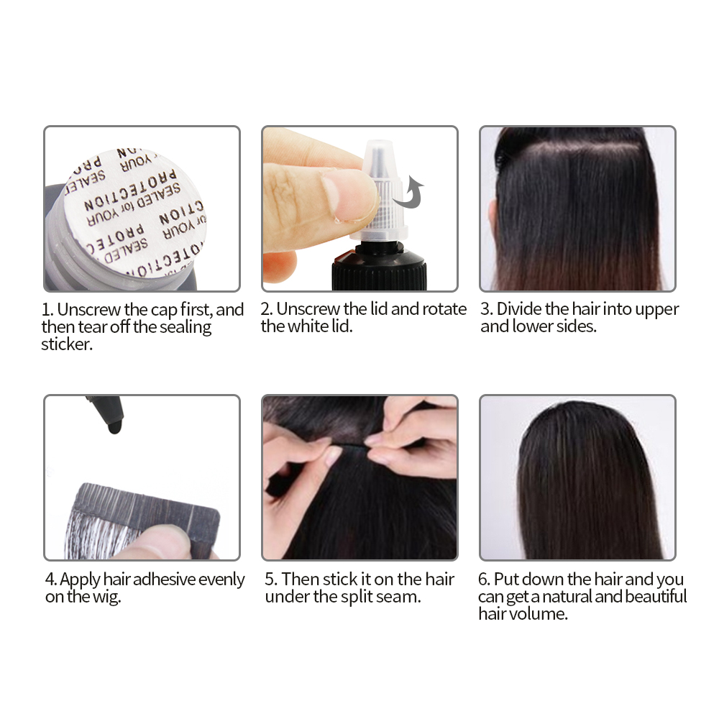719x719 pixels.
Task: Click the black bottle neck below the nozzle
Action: [378, 266]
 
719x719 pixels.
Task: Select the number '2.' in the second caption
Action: [267, 310]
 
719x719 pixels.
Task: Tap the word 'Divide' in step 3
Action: [520, 310]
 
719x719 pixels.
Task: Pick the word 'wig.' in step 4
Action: [105, 597]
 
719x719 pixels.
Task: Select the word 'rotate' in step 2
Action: [444, 310]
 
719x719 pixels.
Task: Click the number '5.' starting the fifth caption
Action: [271, 580]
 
